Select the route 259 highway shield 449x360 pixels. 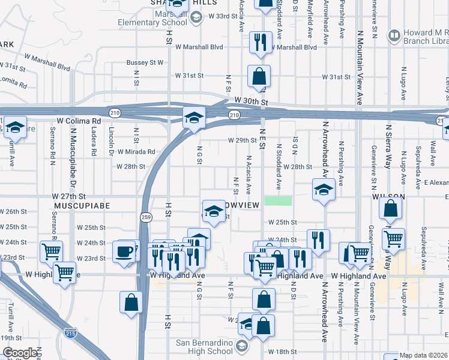tap(145, 217)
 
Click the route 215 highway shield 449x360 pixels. tap(70, 333)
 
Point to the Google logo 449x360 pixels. tap(19, 353)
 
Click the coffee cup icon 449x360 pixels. tap(125, 251)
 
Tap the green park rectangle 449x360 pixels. tap(279, 201)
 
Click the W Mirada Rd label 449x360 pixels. tap(136, 152)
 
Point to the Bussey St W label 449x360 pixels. tap(145, 62)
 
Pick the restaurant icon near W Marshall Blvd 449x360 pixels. tap(259, 41)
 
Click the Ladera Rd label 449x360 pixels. tap(94, 144)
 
